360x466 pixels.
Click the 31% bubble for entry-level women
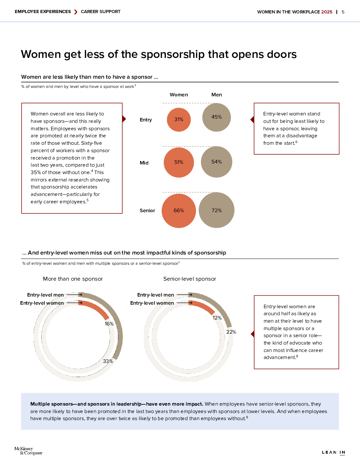179,120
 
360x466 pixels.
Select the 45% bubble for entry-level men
216,117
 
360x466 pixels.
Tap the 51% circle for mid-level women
179,162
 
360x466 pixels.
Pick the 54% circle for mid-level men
216,162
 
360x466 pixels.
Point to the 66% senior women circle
179,210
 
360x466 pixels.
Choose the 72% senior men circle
216,210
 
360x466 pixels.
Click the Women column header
179,95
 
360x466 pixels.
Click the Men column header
217,95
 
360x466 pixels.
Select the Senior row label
147,210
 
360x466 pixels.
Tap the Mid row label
144,163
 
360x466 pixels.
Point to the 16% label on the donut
109,324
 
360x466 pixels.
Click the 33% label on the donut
108,361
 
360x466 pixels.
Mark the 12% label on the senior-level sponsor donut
217,318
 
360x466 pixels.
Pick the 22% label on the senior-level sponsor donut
231,332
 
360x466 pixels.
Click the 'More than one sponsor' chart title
73,279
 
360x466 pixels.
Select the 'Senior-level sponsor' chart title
190,279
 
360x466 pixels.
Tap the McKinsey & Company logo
28,451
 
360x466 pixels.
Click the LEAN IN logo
334,452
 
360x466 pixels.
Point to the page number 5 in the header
343,12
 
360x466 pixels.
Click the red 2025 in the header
326,12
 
